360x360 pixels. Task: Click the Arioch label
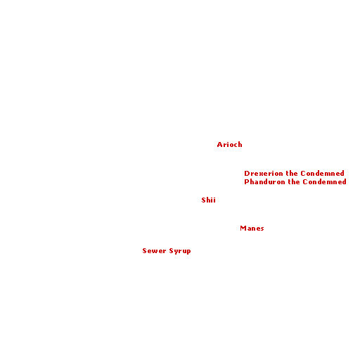point(229,145)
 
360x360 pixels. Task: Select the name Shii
point(208,200)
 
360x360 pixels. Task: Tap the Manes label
point(252,229)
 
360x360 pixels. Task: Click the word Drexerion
point(264,174)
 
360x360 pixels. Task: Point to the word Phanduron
point(264,182)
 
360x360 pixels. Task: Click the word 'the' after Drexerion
point(292,174)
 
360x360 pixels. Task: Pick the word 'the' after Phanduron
point(294,182)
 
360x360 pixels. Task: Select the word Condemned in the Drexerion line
point(323,174)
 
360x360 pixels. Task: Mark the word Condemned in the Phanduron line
point(325,182)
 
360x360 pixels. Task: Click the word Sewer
point(154,251)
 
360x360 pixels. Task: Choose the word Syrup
point(180,251)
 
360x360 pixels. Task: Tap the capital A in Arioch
point(219,145)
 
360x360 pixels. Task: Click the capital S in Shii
point(203,200)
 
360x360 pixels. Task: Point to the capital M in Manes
point(243,229)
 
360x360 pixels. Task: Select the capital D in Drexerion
point(247,174)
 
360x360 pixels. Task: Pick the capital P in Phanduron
point(246,182)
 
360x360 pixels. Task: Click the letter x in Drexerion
point(260,174)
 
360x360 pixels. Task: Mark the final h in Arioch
point(240,145)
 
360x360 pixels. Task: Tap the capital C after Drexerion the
point(303,174)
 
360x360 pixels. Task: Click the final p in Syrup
point(188,252)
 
